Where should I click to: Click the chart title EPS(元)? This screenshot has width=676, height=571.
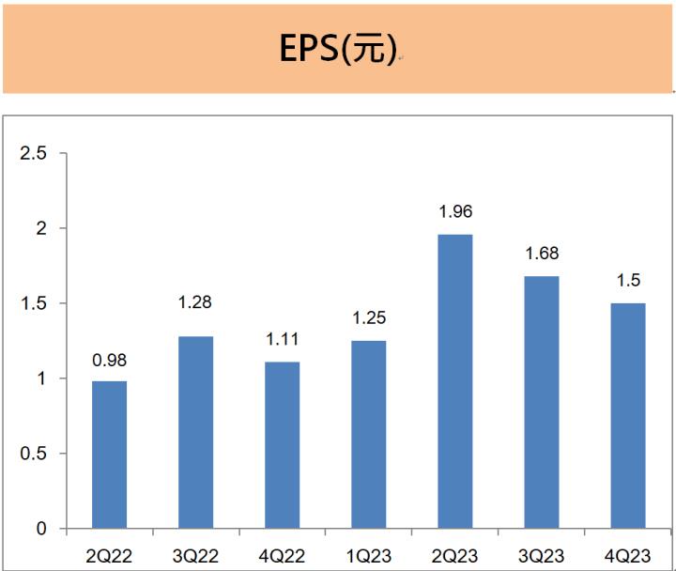pyautogui.click(x=338, y=49)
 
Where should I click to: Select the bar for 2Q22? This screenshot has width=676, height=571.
pyautogui.click(x=109, y=455)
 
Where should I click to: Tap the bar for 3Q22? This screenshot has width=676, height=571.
pyautogui.click(x=195, y=433)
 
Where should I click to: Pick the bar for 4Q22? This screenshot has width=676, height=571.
pyautogui.click(x=282, y=445)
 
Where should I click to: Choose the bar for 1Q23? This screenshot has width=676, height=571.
pyautogui.click(x=368, y=435)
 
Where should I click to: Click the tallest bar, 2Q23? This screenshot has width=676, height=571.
pyautogui.click(x=454, y=381)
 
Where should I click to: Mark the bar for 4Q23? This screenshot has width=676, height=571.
pyautogui.click(x=627, y=416)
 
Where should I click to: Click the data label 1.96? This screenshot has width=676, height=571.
pyautogui.click(x=454, y=213)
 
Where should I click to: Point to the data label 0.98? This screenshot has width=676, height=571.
pyautogui.click(x=109, y=360)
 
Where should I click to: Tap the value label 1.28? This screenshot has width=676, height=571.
pyautogui.click(x=195, y=303)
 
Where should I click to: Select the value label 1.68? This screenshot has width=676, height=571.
pyautogui.click(x=541, y=255)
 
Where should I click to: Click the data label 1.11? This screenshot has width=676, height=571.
pyautogui.click(x=282, y=340)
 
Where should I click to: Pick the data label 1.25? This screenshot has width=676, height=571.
pyautogui.click(x=368, y=319)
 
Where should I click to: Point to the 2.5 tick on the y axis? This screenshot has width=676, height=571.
pyautogui.click(x=33, y=153)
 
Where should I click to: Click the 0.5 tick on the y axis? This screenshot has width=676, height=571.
pyautogui.click(x=33, y=454)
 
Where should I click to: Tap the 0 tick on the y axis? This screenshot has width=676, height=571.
pyautogui.click(x=41, y=529)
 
